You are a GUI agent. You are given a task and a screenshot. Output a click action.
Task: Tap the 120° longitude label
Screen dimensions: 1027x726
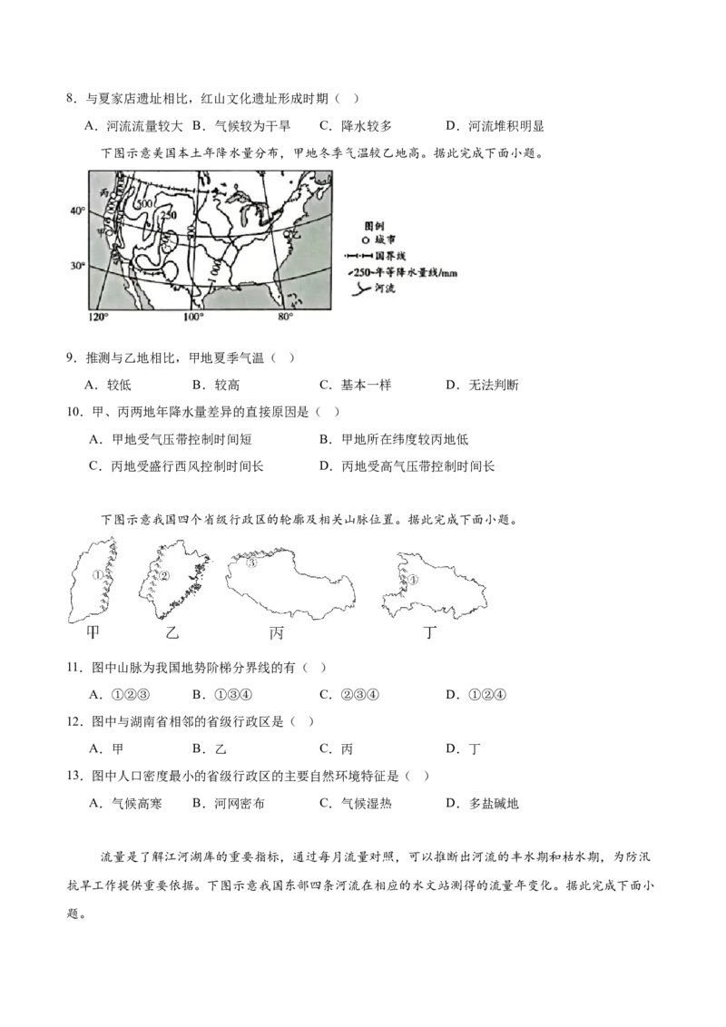pyautogui.click(x=97, y=317)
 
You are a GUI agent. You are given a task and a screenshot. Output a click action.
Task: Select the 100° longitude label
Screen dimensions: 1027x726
pyautogui.click(x=192, y=317)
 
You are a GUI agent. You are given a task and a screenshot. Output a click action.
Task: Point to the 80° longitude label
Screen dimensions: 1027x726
pyautogui.click(x=285, y=317)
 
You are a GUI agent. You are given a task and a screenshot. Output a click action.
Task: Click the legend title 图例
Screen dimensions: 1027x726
pyautogui.click(x=374, y=223)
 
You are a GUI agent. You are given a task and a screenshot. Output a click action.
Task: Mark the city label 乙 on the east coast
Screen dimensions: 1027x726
pyautogui.click(x=295, y=234)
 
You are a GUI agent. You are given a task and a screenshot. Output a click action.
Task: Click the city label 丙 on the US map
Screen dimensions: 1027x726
pyautogui.click(x=105, y=192)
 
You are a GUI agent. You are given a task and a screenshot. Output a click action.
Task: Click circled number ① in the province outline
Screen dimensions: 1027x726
pyautogui.click(x=96, y=574)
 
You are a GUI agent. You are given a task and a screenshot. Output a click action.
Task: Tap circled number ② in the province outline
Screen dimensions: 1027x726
pyautogui.click(x=164, y=575)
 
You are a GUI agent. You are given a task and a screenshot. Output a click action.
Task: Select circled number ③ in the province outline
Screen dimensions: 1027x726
pyautogui.click(x=252, y=562)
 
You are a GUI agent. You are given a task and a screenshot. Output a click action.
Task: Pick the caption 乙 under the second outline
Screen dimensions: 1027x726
pyautogui.click(x=172, y=632)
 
